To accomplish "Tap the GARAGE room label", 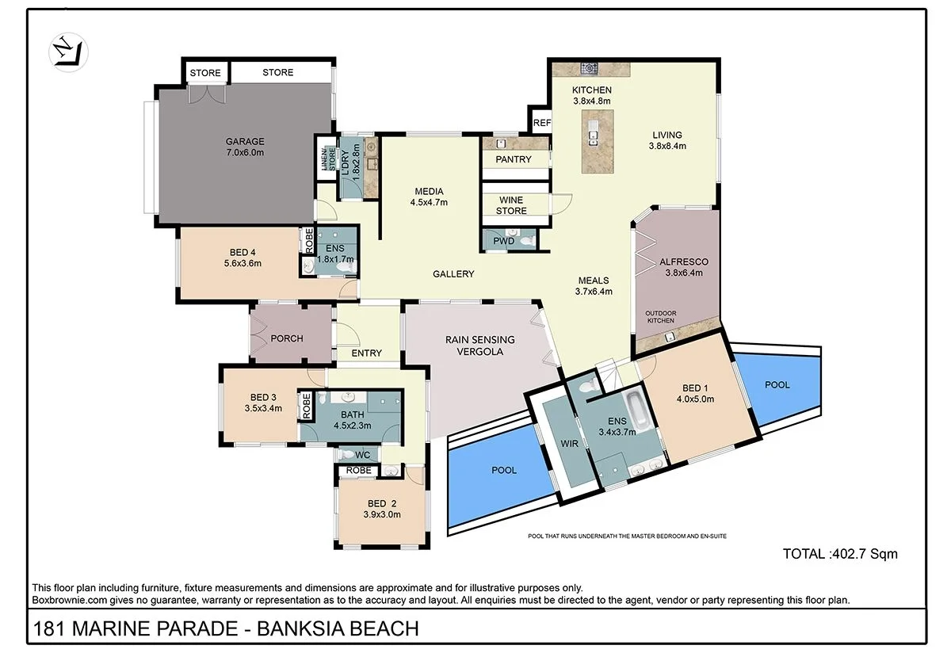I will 245,142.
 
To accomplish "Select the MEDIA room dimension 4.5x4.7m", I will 429,203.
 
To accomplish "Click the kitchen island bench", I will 594,142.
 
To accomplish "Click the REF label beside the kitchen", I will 542,123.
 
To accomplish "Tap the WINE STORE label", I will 511,205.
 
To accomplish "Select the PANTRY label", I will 514,160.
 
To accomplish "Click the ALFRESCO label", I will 683,262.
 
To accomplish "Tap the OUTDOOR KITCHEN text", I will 659,316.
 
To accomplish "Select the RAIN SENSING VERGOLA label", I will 479,346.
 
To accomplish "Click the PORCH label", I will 287,338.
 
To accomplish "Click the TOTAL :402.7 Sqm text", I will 840,554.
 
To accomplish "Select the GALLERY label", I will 453,274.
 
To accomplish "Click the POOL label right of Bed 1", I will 777,385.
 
